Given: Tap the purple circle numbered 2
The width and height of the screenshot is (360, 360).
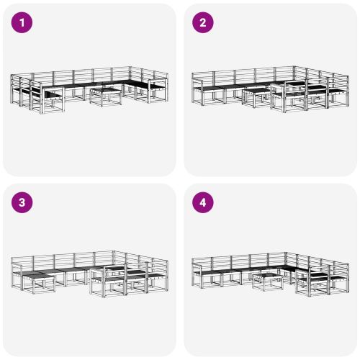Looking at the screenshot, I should (x=202, y=22).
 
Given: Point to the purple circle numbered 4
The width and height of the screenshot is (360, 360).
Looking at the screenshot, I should (x=202, y=202).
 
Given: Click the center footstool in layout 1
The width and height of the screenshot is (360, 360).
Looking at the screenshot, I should (x=105, y=96).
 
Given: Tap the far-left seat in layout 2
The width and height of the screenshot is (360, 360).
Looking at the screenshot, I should (x=202, y=90).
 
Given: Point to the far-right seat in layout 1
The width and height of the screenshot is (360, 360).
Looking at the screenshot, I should (x=157, y=90).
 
